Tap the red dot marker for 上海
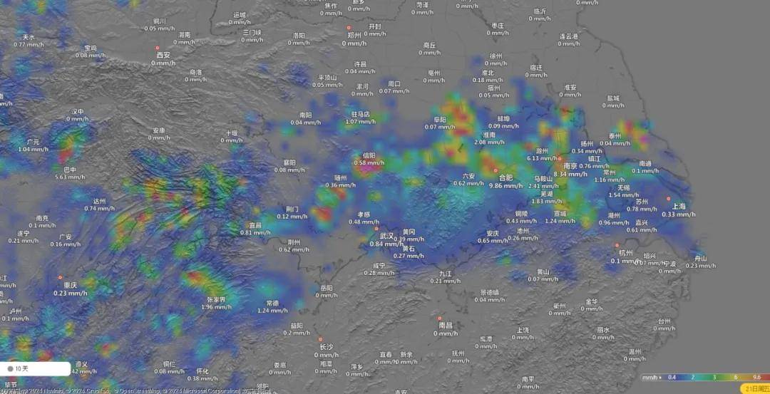669,199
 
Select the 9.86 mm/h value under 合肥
505,185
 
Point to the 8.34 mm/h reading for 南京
570,174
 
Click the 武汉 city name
386,235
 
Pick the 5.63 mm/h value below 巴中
70,177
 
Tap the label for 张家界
217,299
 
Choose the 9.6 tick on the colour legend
756,377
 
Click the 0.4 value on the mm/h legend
672,377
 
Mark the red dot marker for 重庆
61,277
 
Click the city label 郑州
354,34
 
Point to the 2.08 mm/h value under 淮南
489,142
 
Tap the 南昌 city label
446,325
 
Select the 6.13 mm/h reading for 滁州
542,158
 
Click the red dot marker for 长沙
320,339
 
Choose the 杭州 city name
625,252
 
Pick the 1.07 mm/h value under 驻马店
360,121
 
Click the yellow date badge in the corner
756,388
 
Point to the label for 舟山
701,258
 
